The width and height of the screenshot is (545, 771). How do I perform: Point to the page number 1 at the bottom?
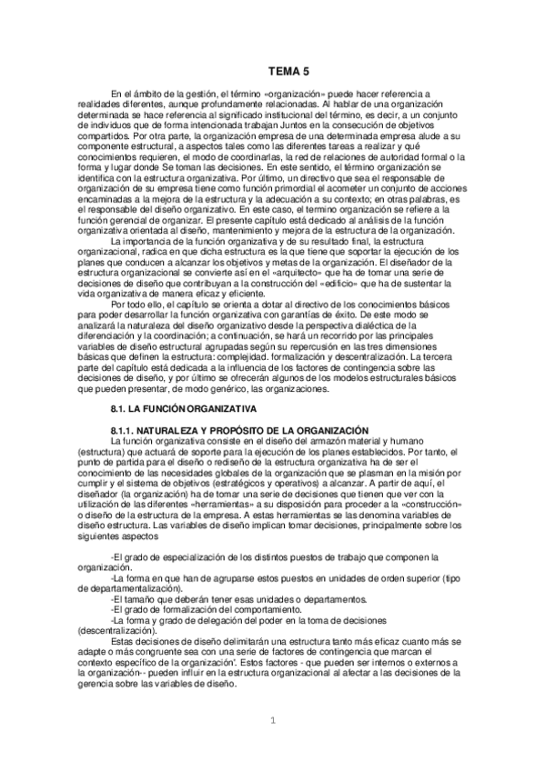click(x=271, y=723)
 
